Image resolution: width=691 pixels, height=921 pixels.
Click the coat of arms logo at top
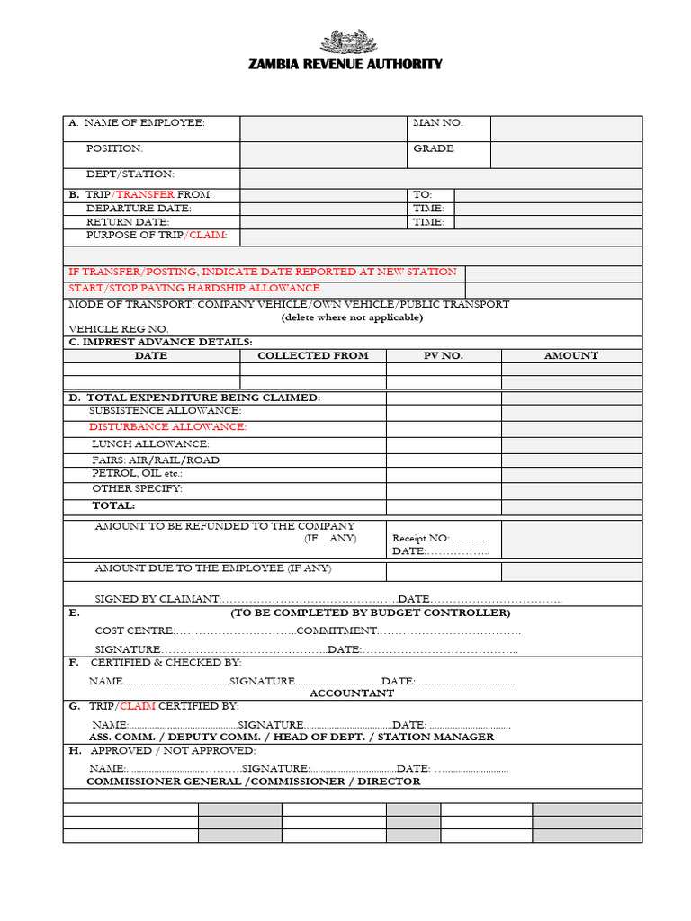[x=345, y=42]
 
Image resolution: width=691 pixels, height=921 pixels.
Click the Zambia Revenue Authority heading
[x=345, y=64]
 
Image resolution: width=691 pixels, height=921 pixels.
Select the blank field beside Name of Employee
[x=322, y=128]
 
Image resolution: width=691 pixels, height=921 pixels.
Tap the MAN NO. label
[x=437, y=122]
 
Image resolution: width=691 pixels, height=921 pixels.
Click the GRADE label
[x=433, y=148]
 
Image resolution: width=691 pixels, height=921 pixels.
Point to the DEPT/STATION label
[x=130, y=174]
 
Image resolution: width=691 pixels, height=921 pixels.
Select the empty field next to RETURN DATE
[x=322, y=222]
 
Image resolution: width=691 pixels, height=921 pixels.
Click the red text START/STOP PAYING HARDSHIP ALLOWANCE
[x=194, y=288]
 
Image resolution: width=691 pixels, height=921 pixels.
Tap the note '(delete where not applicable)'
[x=352, y=317]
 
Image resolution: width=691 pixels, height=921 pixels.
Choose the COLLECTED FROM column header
[x=312, y=355]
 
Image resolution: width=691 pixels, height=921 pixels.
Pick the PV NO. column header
[x=443, y=355]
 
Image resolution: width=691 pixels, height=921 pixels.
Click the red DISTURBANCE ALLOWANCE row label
[x=167, y=427]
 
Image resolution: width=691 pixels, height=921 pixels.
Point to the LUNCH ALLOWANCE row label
[x=150, y=444]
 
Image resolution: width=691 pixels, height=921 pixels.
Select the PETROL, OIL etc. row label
[x=137, y=473]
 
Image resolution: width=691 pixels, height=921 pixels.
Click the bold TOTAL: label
[x=113, y=505]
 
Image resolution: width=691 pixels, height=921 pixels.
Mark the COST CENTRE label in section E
[x=134, y=630]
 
